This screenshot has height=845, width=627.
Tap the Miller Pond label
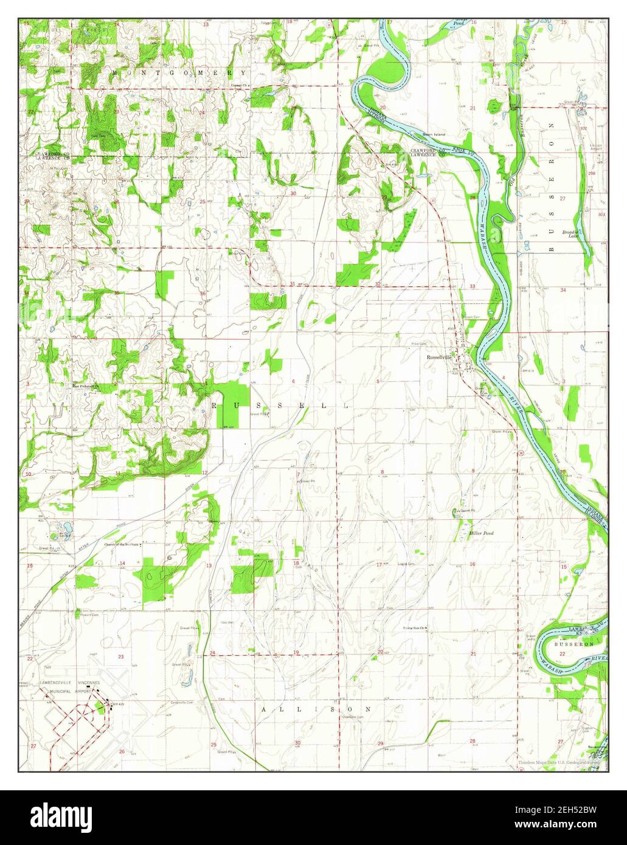(x=482, y=533)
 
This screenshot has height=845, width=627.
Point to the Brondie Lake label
(x=570, y=234)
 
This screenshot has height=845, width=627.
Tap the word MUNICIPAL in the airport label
(x=56, y=691)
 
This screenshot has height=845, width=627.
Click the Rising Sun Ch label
(x=415, y=627)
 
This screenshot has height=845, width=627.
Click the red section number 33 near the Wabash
(x=473, y=286)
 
